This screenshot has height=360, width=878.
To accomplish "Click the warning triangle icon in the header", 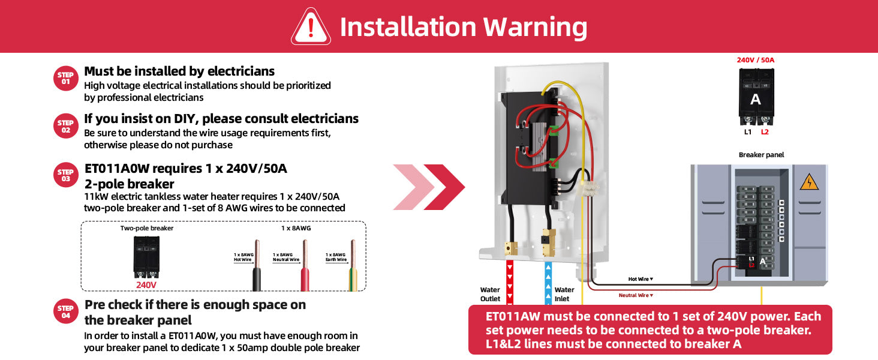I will pyautogui.click(x=311, y=27).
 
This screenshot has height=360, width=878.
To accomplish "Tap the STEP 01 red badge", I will pyautogui.click(x=65, y=78).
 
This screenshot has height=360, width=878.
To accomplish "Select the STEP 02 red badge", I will pyautogui.click(x=65, y=126).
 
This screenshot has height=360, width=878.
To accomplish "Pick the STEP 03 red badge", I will pyautogui.click(x=65, y=175).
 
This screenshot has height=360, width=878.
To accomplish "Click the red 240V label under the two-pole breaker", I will pyautogui.click(x=146, y=284).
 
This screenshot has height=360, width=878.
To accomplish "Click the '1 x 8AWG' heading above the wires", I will pyautogui.click(x=296, y=229).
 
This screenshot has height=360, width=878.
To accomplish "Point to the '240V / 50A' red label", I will pyautogui.click(x=756, y=60).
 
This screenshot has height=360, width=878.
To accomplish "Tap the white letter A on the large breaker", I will pyautogui.click(x=756, y=100).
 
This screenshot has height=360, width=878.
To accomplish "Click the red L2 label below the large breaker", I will pyautogui.click(x=765, y=132).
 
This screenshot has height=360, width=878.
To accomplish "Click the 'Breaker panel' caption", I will pyautogui.click(x=761, y=155).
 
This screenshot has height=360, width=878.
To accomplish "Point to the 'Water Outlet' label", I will pyautogui.click(x=490, y=294).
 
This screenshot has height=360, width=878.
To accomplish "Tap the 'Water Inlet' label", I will pyautogui.click(x=564, y=294).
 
